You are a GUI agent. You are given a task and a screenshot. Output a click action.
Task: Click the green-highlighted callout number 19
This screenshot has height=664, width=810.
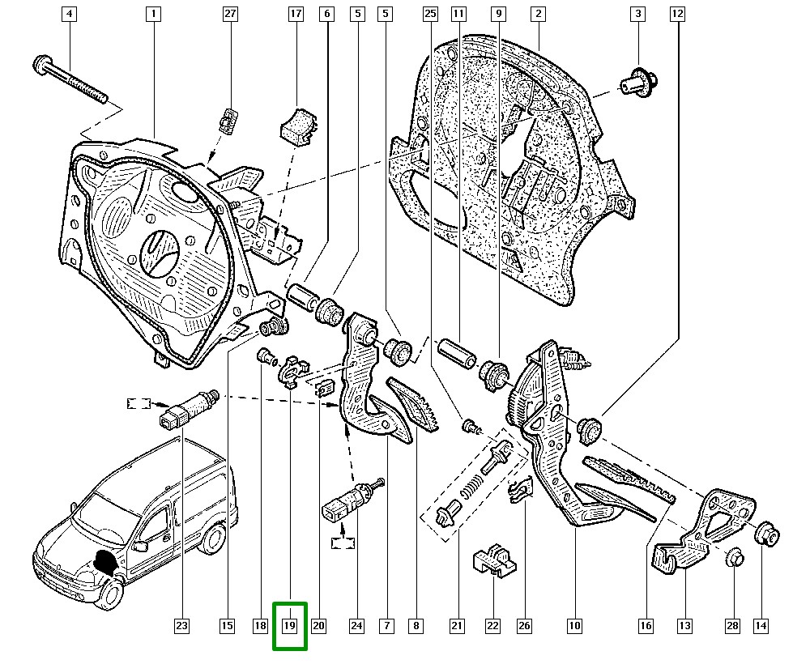pos(290,626)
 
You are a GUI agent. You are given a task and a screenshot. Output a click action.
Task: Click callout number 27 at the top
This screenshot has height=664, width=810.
pos(231,14)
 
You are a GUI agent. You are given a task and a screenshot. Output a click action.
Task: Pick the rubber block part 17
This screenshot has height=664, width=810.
pos(297,125)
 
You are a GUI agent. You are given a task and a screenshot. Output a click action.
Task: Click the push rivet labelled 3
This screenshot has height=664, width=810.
pos(637,81)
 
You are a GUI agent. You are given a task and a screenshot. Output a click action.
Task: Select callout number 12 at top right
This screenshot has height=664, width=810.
pos(677,14)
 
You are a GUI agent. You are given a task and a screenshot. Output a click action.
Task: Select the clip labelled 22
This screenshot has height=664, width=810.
pos(493,560)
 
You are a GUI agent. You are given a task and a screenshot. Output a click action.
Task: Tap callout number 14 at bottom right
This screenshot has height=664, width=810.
pos(761,626)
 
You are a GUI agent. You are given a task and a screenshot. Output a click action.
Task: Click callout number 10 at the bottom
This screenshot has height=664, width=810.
pos(574,626)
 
